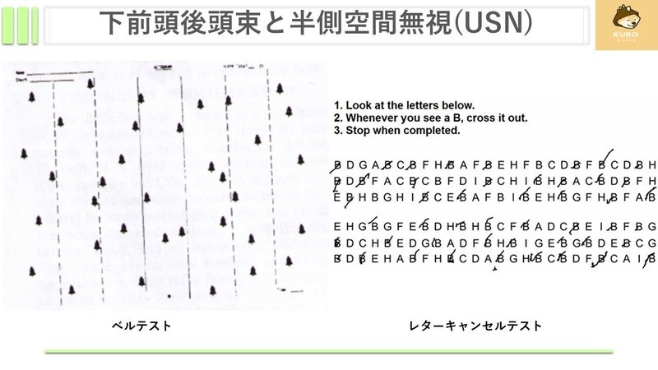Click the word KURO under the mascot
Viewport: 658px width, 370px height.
[625, 39]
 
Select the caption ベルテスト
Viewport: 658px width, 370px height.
[142, 326]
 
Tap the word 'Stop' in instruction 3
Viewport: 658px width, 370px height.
[358, 130]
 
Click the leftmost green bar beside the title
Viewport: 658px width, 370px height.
[8, 25]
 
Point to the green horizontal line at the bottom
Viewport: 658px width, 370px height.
[329, 351]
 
